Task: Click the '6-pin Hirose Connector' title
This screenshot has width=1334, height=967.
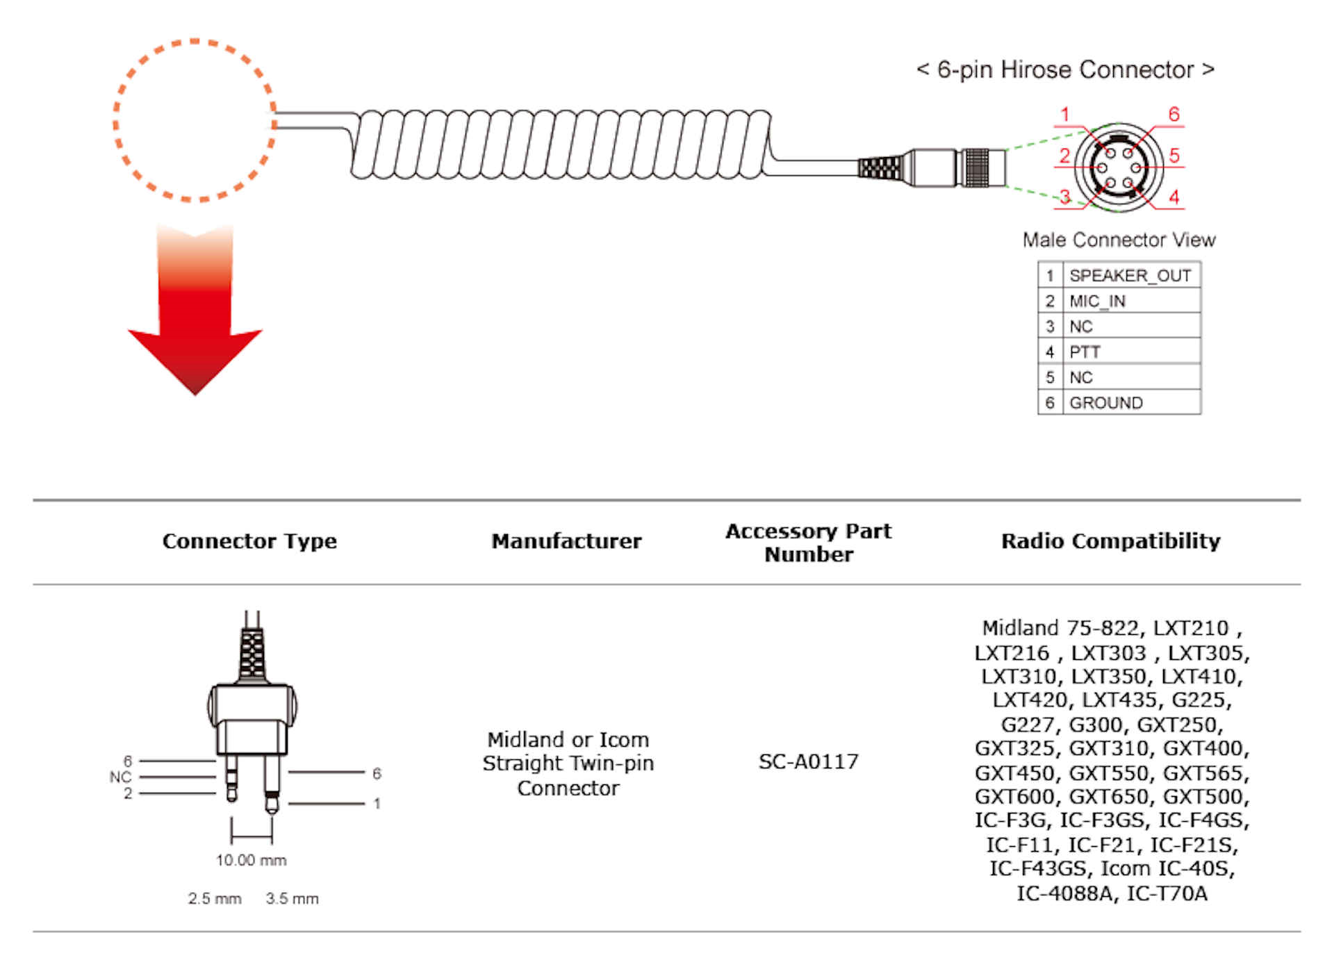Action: click(x=1064, y=70)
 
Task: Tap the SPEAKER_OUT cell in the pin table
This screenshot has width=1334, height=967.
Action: click(x=1130, y=276)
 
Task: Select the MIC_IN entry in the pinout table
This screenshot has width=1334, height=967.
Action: click(x=1097, y=301)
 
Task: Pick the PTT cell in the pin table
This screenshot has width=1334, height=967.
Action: click(x=1085, y=352)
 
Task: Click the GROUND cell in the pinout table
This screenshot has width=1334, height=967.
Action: click(x=1105, y=403)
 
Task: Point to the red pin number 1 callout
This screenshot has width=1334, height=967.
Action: click(x=1064, y=115)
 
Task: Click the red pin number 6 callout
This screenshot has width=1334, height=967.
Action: click(x=1174, y=114)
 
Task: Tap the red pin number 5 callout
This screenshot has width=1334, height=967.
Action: click(x=1174, y=155)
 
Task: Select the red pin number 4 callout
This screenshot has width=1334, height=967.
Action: click(x=1174, y=197)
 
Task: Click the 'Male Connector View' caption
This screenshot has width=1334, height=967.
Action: click(x=1119, y=240)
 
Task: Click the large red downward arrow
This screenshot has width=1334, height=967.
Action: click(x=195, y=320)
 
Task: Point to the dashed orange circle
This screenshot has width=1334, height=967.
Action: click(x=195, y=121)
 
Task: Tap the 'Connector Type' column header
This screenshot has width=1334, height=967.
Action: click(x=249, y=541)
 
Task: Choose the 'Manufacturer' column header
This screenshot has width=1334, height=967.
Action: click(x=566, y=541)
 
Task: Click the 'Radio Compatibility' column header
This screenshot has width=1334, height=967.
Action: click(x=1110, y=541)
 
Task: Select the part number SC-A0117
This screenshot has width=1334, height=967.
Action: click(x=808, y=762)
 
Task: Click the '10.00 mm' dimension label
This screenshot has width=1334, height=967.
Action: click(x=251, y=861)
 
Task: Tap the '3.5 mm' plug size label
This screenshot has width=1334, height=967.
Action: click(x=292, y=899)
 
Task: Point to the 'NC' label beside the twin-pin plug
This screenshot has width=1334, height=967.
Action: click(x=120, y=777)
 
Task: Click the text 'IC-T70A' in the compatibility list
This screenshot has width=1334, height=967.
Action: click(x=1167, y=893)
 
